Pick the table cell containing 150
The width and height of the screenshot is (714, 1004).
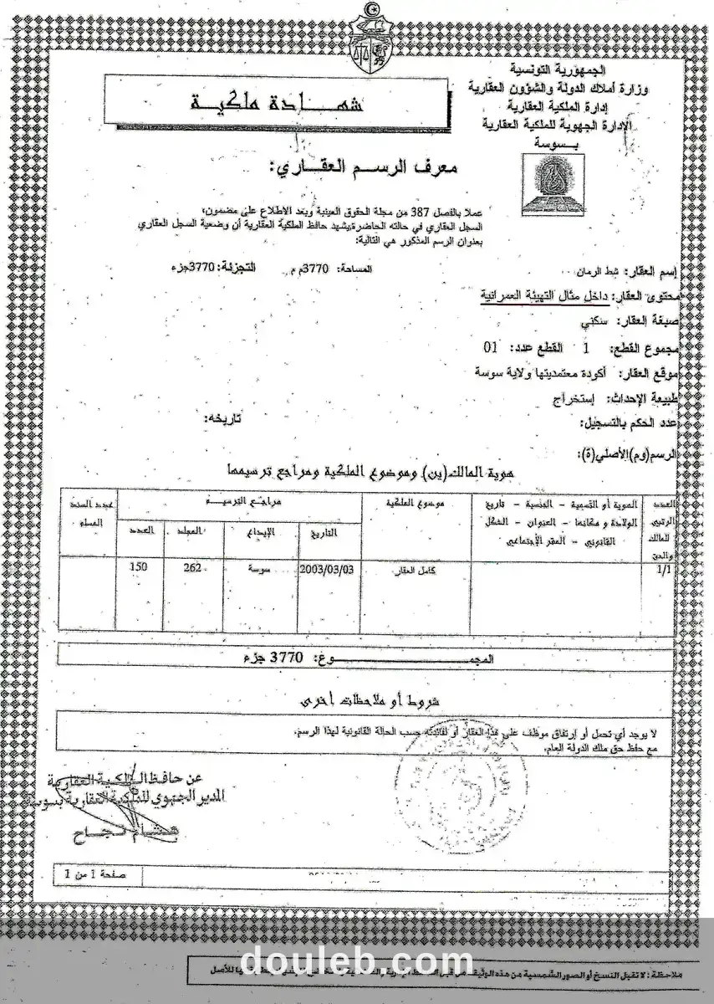(x=140, y=566)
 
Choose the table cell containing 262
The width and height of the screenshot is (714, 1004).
(x=193, y=566)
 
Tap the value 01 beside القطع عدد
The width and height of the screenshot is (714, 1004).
(x=492, y=346)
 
